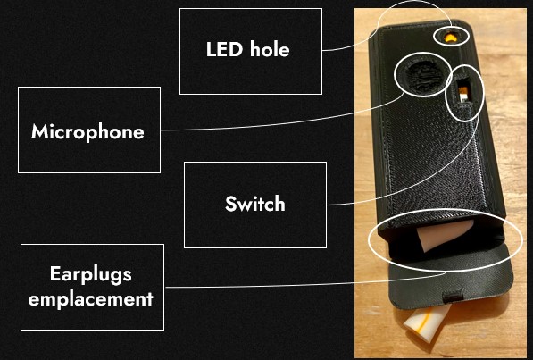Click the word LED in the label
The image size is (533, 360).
coord(225,49)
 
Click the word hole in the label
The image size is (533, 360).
coord(270,49)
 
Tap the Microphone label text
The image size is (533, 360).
coord(87,132)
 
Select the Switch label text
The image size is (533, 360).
coord(255,204)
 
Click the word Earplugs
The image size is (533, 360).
coord(91,274)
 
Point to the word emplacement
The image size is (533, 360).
coord(91,299)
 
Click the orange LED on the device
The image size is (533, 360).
coord(451,37)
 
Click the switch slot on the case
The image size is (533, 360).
coord(462,91)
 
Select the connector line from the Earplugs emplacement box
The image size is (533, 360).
coord(306,284)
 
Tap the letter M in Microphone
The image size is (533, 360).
coord(40,131)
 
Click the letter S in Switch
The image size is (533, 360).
coord(231,204)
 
